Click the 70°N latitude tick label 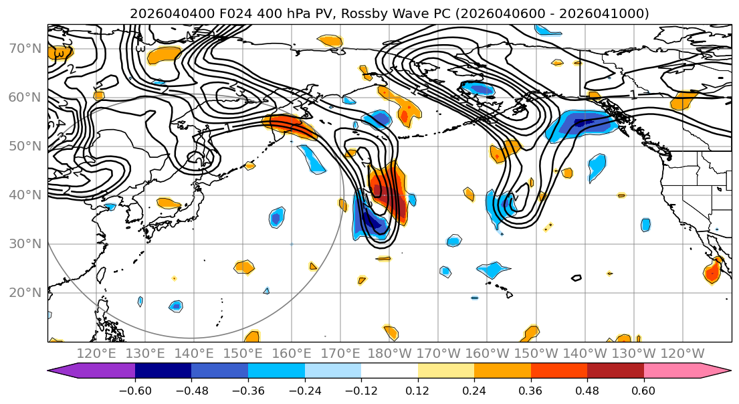[x=24, y=49]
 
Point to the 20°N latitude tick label [x=24, y=293]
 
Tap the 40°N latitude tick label [x=24, y=195]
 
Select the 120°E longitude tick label [x=97, y=353]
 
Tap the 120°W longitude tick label [x=681, y=353]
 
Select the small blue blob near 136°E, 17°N [x=175, y=306]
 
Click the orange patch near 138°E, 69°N [x=165, y=54]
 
